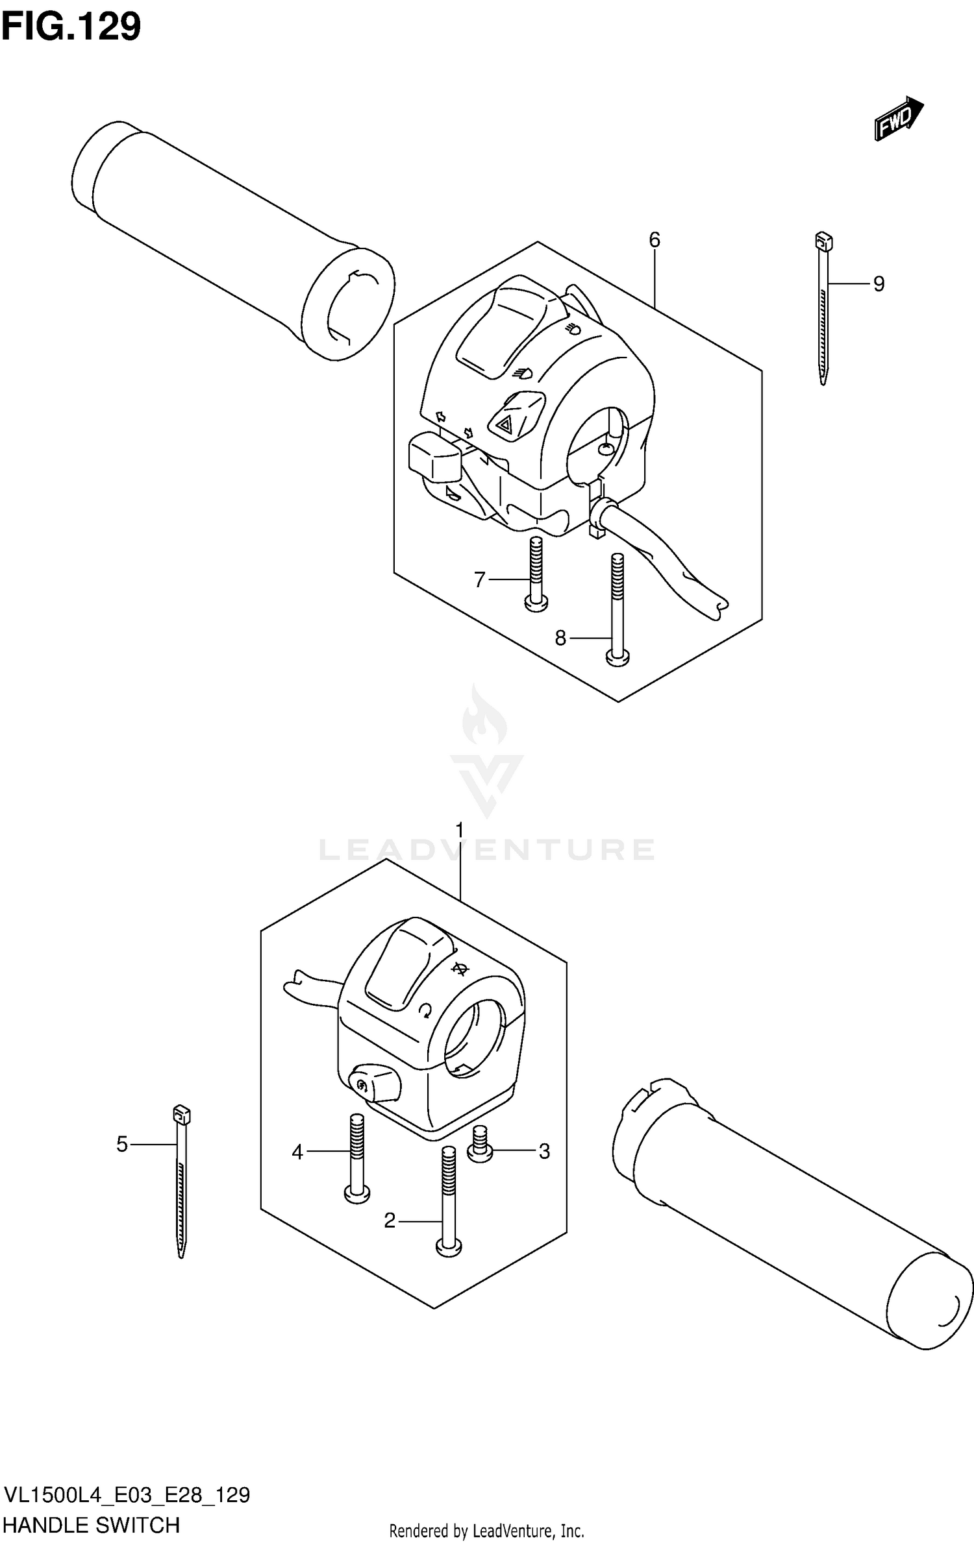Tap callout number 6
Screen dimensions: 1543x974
(x=654, y=240)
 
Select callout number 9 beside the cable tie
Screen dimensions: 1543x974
(x=878, y=284)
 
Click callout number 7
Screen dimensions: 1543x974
(x=479, y=579)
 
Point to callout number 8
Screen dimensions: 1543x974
(x=560, y=638)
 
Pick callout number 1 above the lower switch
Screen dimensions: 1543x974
(x=460, y=831)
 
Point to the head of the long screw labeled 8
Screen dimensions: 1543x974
(x=618, y=658)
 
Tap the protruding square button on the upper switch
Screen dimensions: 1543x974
(x=433, y=456)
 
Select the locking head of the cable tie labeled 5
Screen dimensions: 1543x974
(x=182, y=1115)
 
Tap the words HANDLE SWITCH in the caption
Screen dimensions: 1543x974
(x=92, y=1524)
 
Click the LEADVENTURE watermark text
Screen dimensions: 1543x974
(x=487, y=849)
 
